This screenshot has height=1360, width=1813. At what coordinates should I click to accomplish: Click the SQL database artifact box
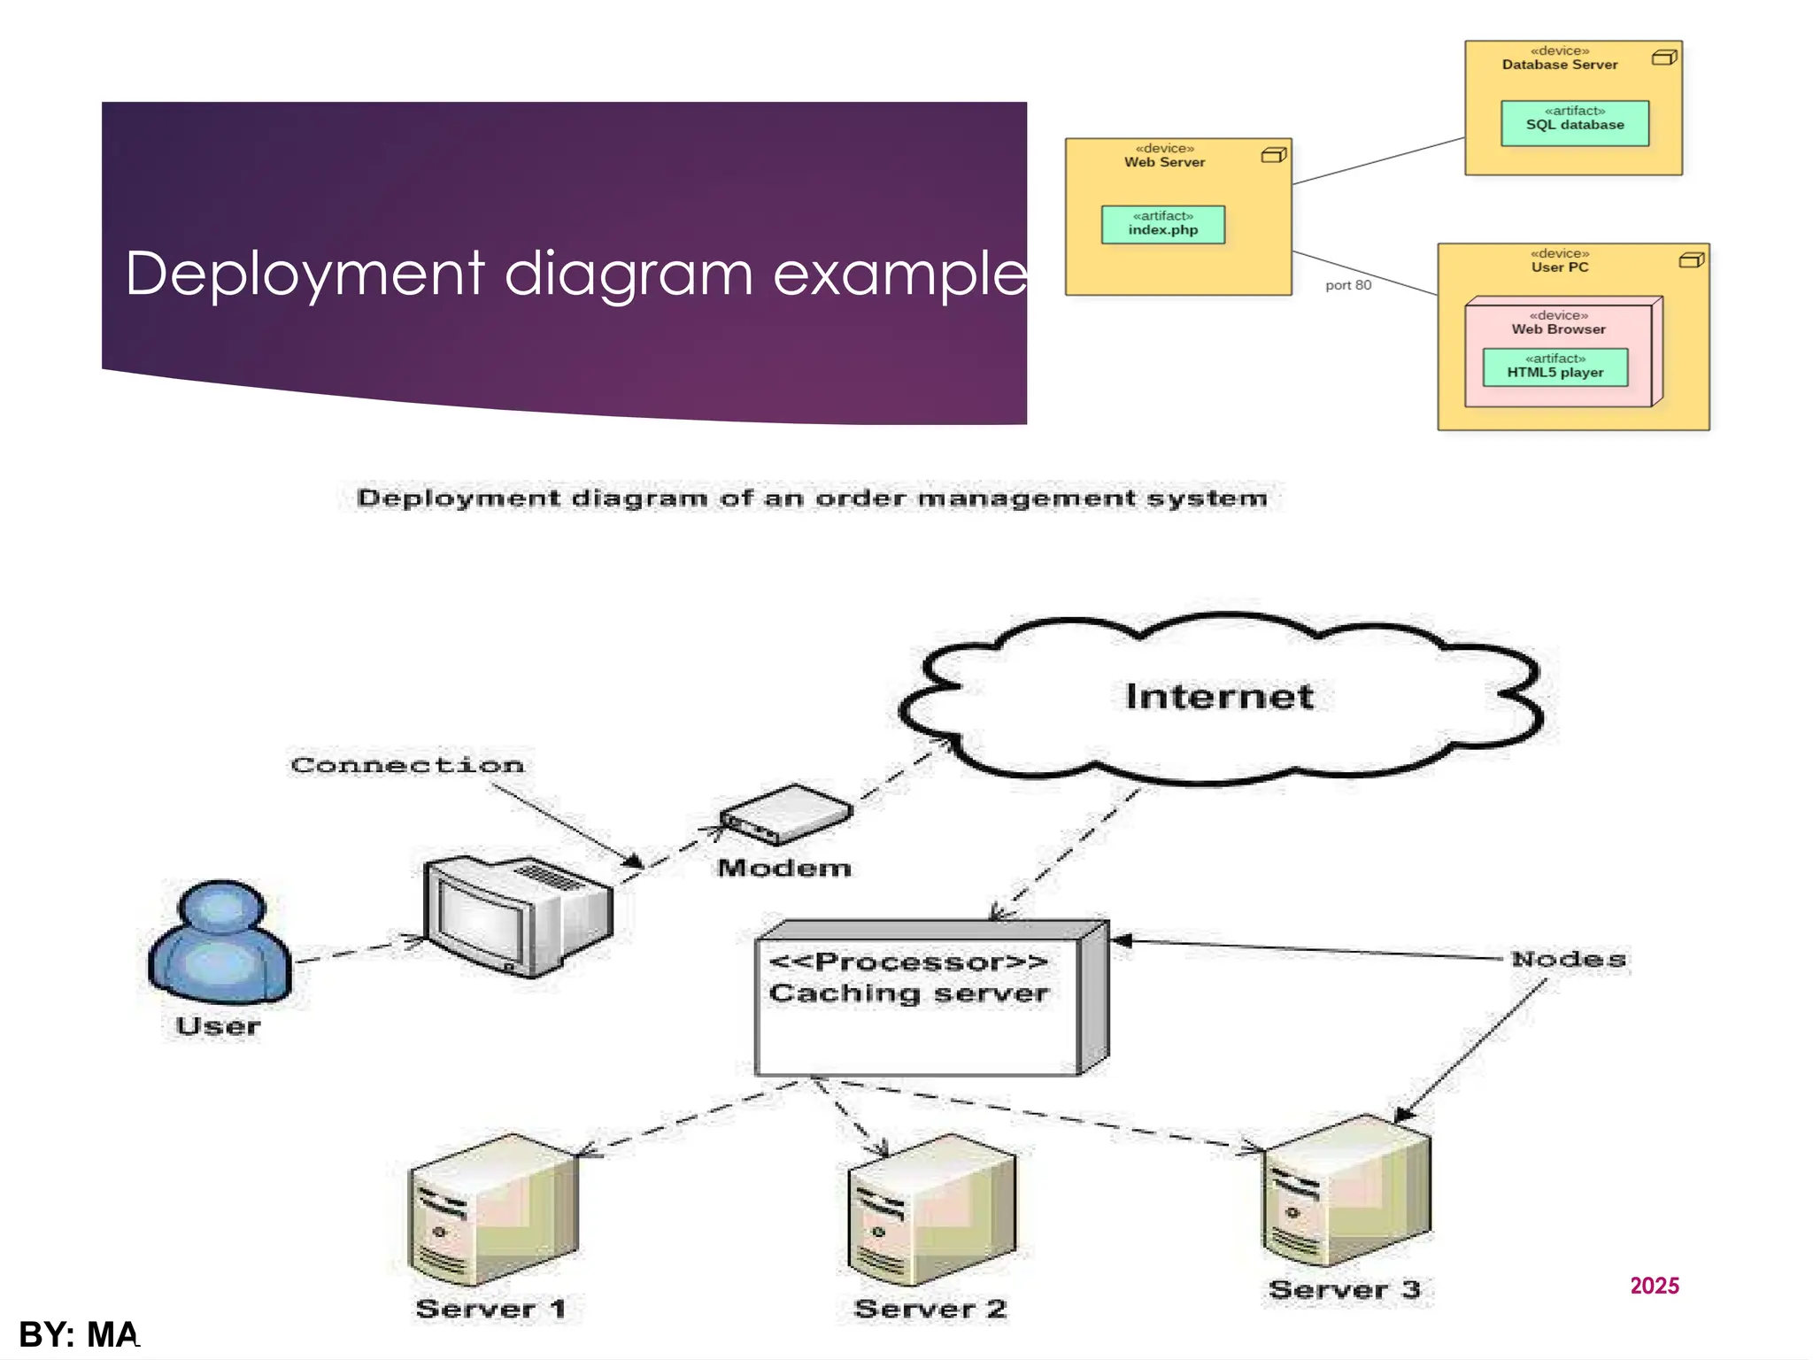coord(1574,123)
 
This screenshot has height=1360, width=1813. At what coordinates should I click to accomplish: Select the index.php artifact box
coord(1162,225)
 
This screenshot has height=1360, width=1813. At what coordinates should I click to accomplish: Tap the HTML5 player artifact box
coord(1555,367)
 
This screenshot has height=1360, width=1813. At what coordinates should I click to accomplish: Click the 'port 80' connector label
coord(1347,285)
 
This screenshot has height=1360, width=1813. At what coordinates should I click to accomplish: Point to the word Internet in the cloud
coord(1219,697)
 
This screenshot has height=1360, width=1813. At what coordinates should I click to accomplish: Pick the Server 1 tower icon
coord(492,1210)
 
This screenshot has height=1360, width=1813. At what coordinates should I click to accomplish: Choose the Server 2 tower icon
coord(930,1210)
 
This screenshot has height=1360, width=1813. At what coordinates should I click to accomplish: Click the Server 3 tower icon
coord(1345,1192)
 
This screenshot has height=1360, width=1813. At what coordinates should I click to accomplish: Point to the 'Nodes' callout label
coord(1568,960)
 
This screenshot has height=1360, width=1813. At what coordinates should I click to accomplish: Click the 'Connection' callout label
coord(407,765)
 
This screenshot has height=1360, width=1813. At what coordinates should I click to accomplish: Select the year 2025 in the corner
coord(1654,1286)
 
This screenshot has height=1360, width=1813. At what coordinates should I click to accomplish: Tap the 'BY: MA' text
coord(79,1334)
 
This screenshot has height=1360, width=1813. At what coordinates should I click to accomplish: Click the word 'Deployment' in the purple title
coord(305,274)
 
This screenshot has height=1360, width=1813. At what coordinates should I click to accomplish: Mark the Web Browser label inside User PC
coord(1558,329)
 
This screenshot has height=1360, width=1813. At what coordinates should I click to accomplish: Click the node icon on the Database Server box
coord(1663,58)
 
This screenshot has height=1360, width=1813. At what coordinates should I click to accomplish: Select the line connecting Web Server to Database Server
coord(1377,161)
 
